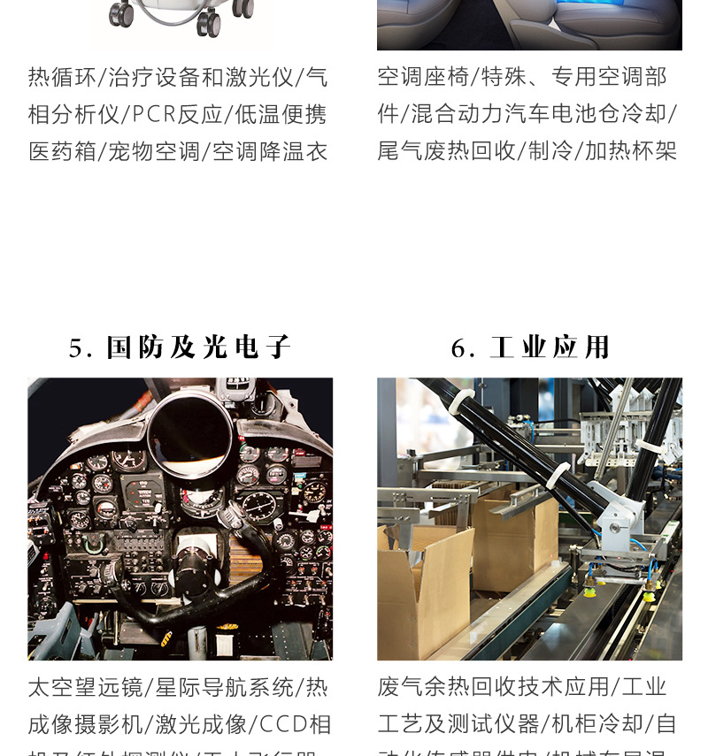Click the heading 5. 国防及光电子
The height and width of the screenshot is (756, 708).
(x=180, y=347)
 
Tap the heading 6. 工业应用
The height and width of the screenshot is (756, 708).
(x=529, y=347)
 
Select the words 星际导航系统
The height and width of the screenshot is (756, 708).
(x=224, y=687)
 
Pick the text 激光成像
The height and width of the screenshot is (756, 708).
(x=201, y=725)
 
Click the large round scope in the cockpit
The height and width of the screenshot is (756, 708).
(x=189, y=433)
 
